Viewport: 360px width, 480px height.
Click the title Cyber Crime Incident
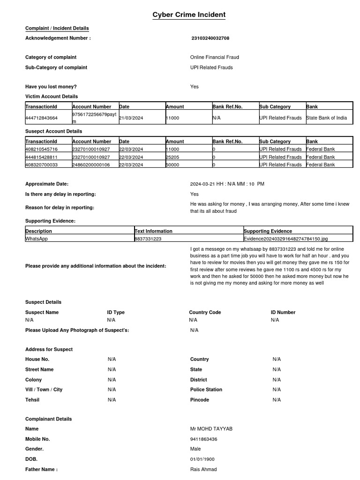coord(189,15)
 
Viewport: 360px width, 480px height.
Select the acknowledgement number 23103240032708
coord(210,38)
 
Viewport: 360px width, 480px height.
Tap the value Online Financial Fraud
coord(214,57)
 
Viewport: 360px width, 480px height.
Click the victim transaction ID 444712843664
coord(42,118)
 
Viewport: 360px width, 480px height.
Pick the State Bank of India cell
coord(326,118)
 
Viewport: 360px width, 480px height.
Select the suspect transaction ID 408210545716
coord(42,149)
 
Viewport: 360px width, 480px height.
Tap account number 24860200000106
coord(91,165)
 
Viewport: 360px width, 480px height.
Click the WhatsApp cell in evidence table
coord(37,239)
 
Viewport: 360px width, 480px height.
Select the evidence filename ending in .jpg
coord(285,239)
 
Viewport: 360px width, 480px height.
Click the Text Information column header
coord(153,231)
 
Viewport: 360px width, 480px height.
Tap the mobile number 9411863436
coord(203,439)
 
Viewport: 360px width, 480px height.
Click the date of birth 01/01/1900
coord(203,459)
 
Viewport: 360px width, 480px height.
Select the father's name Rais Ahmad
coord(203,469)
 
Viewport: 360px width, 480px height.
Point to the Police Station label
coord(206,390)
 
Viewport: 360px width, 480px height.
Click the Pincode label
coord(200,400)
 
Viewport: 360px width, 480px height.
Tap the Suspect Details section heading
coord(43,302)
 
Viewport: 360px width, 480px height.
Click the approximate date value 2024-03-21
coord(202,184)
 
